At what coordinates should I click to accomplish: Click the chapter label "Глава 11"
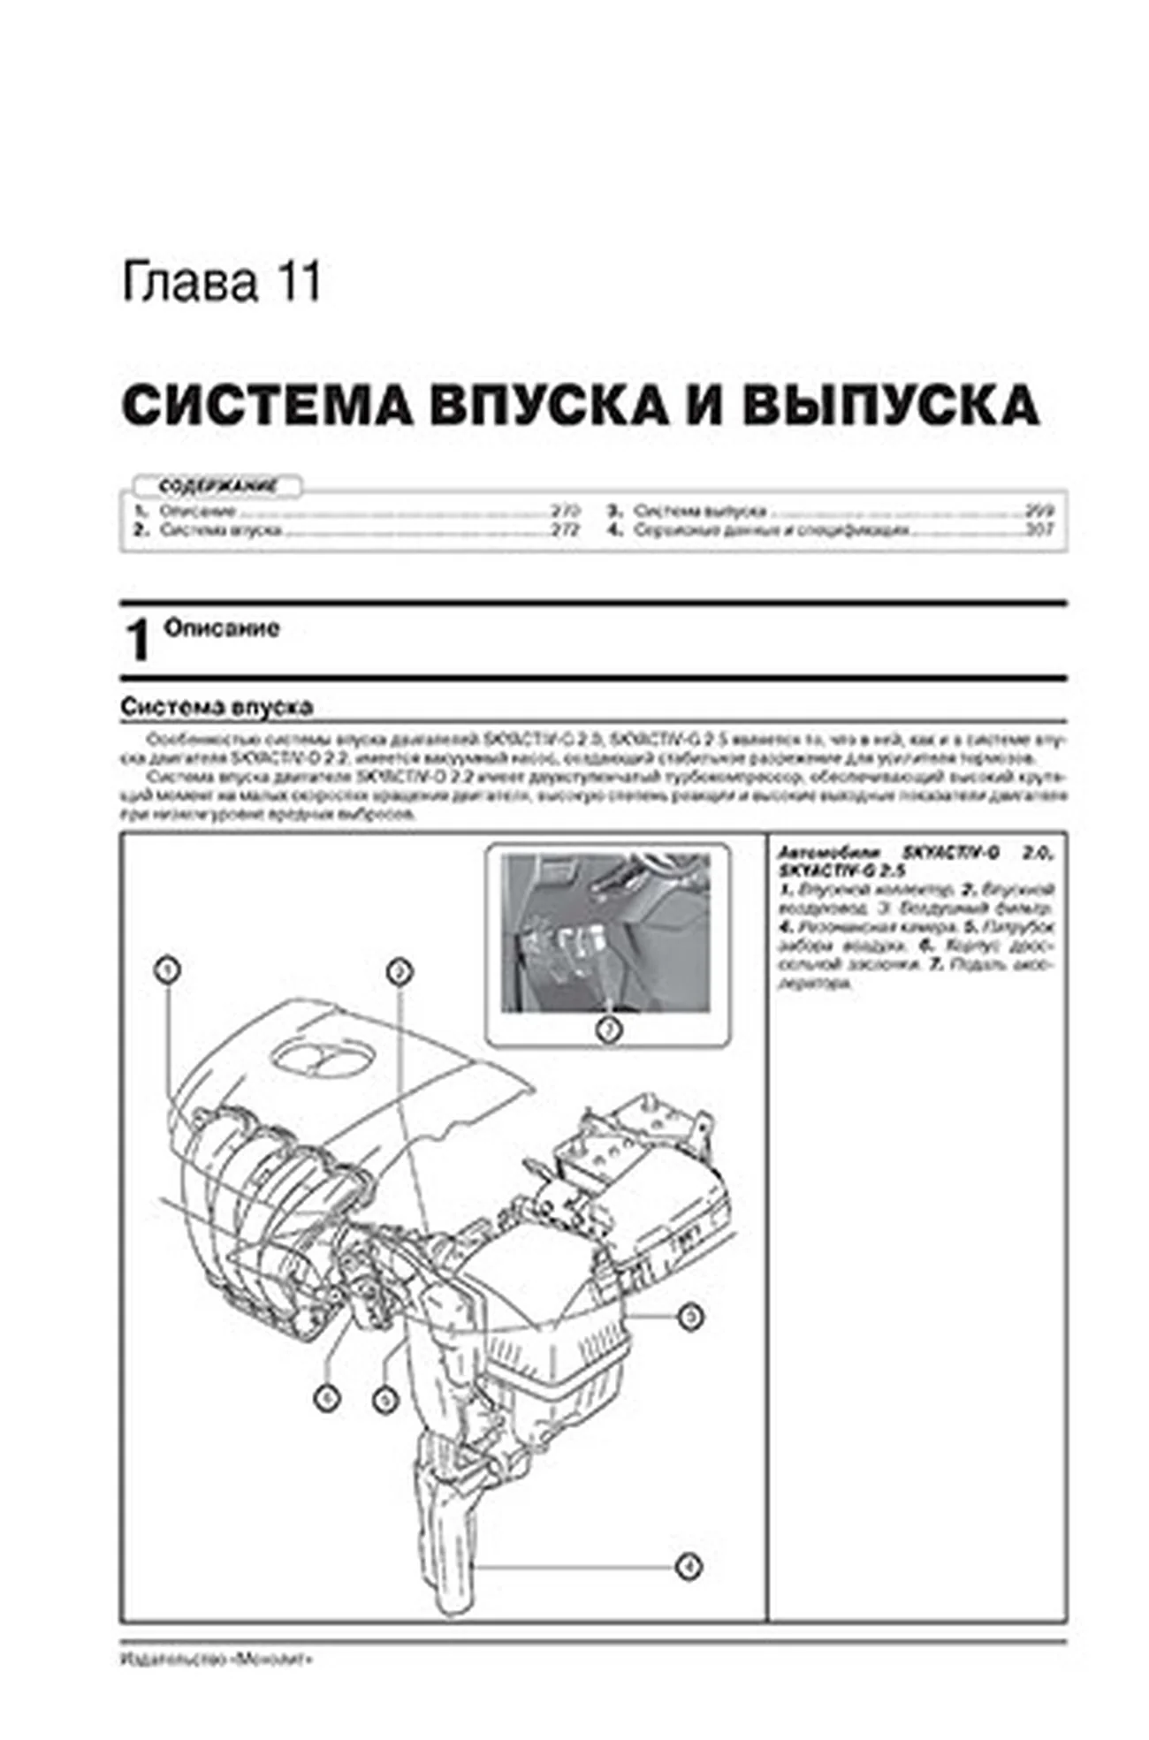coord(221,284)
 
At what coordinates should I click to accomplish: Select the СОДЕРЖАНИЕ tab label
coord(217,486)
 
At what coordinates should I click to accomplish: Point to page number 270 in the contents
coord(564,511)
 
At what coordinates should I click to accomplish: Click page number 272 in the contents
coord(564,530)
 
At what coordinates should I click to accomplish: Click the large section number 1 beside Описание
coord(138,641)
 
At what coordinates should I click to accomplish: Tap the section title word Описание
coord(222,628)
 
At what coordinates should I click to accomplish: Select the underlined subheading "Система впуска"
coord(217,707)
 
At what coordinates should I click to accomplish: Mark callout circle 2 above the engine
coord(399,972)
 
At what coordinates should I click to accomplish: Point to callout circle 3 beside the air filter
coord(690,1318)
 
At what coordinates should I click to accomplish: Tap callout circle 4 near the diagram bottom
coord(689,1567)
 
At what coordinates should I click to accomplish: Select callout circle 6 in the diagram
coord(327,1398)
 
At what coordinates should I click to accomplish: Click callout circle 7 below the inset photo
coord(609,1028)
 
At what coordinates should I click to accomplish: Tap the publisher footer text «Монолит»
coord(217,1660)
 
